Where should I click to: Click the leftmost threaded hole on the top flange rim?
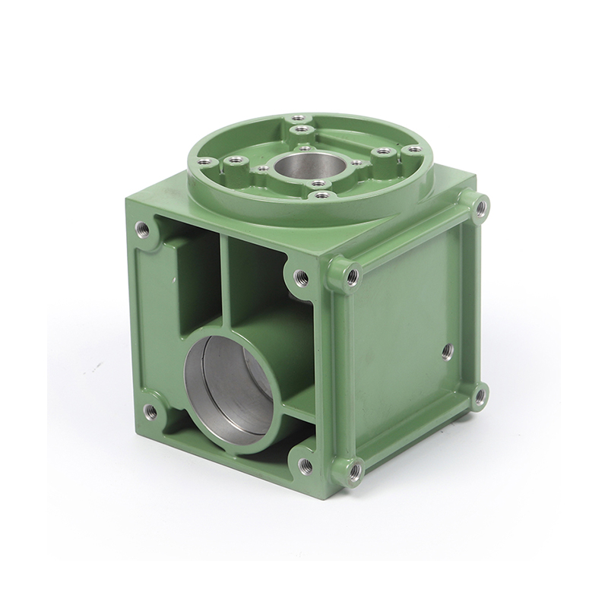(203, 160)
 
